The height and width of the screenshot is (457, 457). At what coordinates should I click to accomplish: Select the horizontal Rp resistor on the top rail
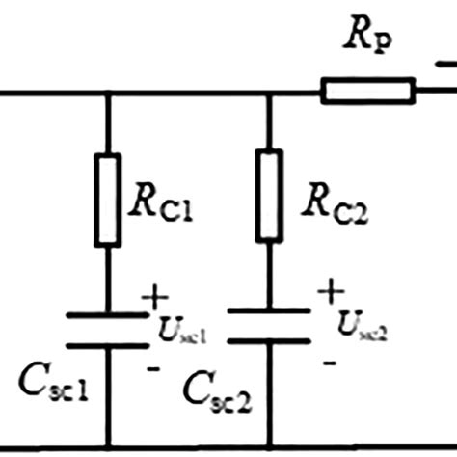367,93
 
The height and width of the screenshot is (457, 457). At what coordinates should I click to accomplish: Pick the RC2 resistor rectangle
269,195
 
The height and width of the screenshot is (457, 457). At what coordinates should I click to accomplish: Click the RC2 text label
325,202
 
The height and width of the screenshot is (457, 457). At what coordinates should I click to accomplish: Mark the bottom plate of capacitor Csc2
269,339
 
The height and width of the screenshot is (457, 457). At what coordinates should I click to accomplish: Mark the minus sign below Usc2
329,362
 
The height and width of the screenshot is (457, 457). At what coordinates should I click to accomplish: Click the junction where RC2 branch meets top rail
269,94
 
